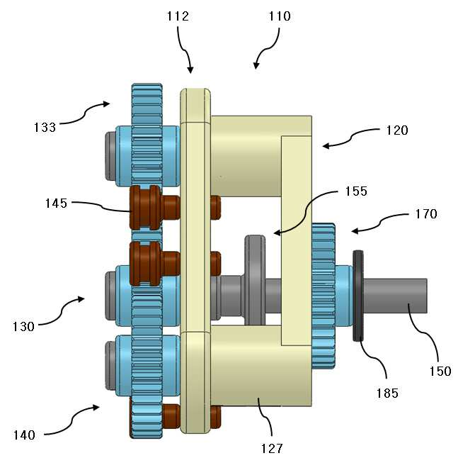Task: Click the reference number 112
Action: point(178,16)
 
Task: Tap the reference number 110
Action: point(280,16)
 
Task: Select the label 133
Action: point(45,128)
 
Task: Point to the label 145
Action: point(56,203)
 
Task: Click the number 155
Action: point(356,191)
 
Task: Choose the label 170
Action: point(426,214)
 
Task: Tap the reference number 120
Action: point(397,130)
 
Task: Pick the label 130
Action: point(23,327)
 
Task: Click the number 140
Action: point(24,435)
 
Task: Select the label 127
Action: point(272,448)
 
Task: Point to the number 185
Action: point(387,393)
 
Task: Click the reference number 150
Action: point(440,372)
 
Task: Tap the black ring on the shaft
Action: point(358,296)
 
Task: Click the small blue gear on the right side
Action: point(324,296)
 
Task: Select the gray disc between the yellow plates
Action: point(255,280)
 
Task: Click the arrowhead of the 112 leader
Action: point(190,71)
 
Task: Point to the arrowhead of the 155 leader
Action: point(276,233)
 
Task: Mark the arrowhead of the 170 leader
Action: point(354,231)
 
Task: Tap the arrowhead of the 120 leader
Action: point(325,145)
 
